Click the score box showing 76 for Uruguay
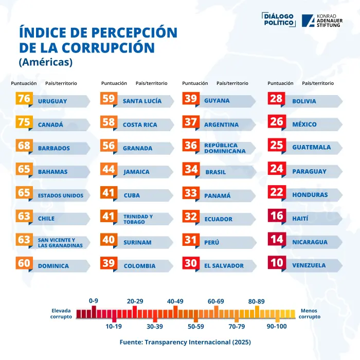click(x=24, y=99)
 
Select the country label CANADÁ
click(x=50, y=125)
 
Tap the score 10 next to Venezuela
click(x=277, y=263)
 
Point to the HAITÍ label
click(x=300, y=219)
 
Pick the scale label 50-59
click(x=195, y=326)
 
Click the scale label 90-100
click(x=277, y=326)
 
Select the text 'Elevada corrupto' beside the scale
click(x=61, y=314)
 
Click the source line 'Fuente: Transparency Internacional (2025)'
click(x=185, y=341)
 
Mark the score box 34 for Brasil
click(x=191, y=169)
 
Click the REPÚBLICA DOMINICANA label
click(x=224, y=148)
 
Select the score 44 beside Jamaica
click(x=108, y=169)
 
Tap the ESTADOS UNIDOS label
click(x=60, y=195)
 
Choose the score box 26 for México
click(x=277, y=122)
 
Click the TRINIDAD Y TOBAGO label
click(x=138, y=219)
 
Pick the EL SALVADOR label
click(x=224, y=266)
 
